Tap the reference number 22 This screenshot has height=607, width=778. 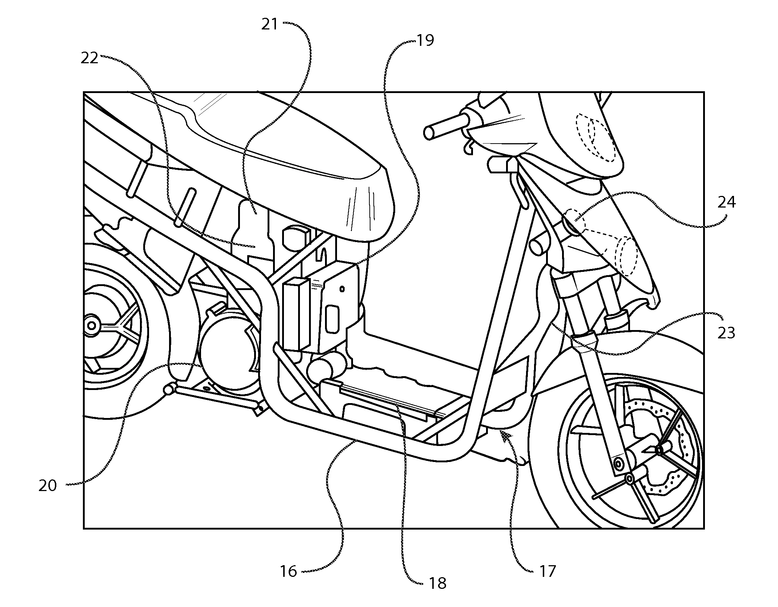[x=89, y=58]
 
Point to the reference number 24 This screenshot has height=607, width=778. [x=727, y=202]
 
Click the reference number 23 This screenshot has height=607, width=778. [x=726, y=333]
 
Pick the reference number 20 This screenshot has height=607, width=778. [x=48, y=486]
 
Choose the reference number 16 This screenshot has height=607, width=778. [x=288, y=571]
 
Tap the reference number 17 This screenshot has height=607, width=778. [x=547, y=571]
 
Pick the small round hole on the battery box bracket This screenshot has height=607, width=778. [x=342, y=289]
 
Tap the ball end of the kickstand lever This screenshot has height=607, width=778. [x=169, y=390]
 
